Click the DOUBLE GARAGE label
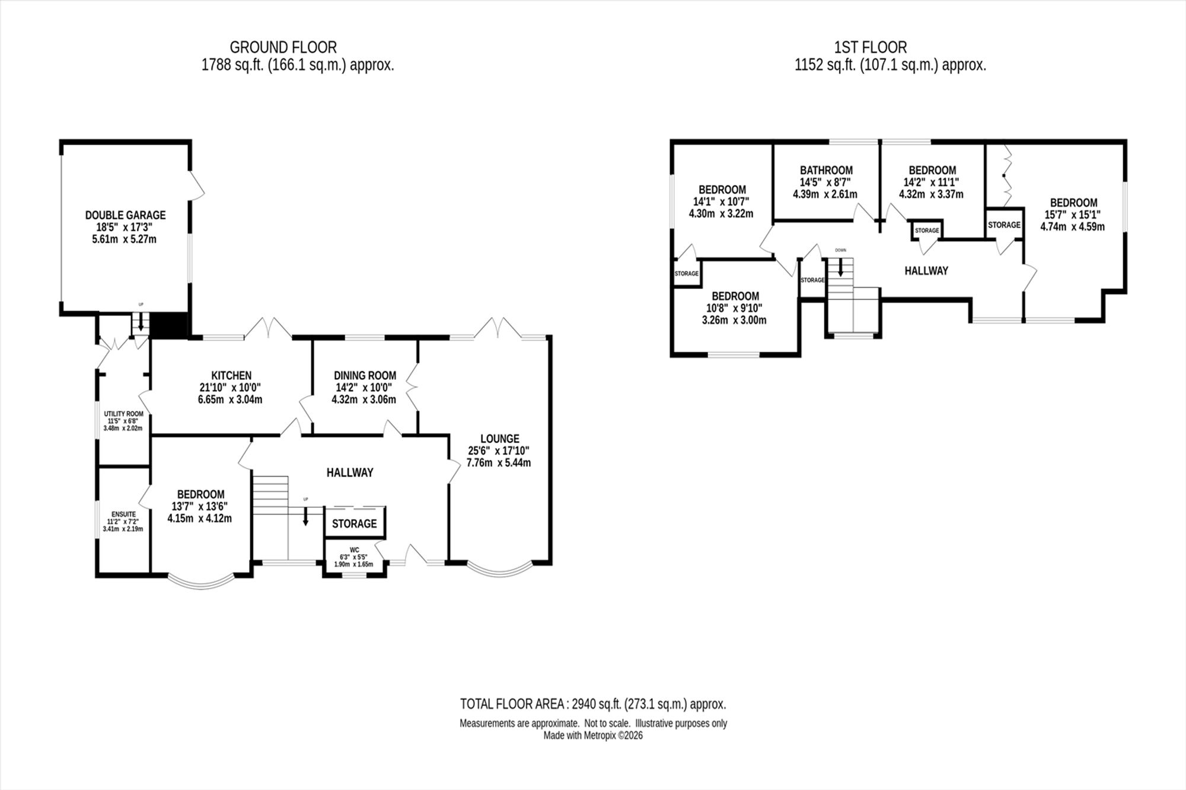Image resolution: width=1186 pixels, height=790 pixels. (125, 215)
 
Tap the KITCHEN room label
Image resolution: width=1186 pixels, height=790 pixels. (231, 375)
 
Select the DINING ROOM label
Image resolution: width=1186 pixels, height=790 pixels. (365, 375)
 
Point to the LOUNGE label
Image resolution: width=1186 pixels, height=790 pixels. (500, 439)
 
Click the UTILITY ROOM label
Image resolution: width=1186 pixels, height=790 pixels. (123, 414)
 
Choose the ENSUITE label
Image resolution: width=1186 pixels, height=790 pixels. (123, 514)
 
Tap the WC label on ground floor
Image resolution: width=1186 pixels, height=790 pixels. (354, 550)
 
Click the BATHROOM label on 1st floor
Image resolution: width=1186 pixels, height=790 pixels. (826, 170)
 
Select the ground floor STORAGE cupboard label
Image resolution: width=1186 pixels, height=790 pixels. (354, 523)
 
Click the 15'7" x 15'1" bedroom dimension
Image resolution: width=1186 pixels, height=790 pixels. (1073, 215)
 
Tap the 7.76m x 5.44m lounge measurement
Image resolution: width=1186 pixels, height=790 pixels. (499, 462)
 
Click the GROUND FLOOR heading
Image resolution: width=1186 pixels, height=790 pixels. (283, 47)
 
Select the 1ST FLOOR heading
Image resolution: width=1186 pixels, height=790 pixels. (871, 47)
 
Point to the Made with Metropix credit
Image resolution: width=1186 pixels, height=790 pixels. (593, 735)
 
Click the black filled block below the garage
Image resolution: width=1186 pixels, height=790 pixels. (169, 325)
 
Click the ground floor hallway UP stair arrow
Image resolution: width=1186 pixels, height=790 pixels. (306, 516)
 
